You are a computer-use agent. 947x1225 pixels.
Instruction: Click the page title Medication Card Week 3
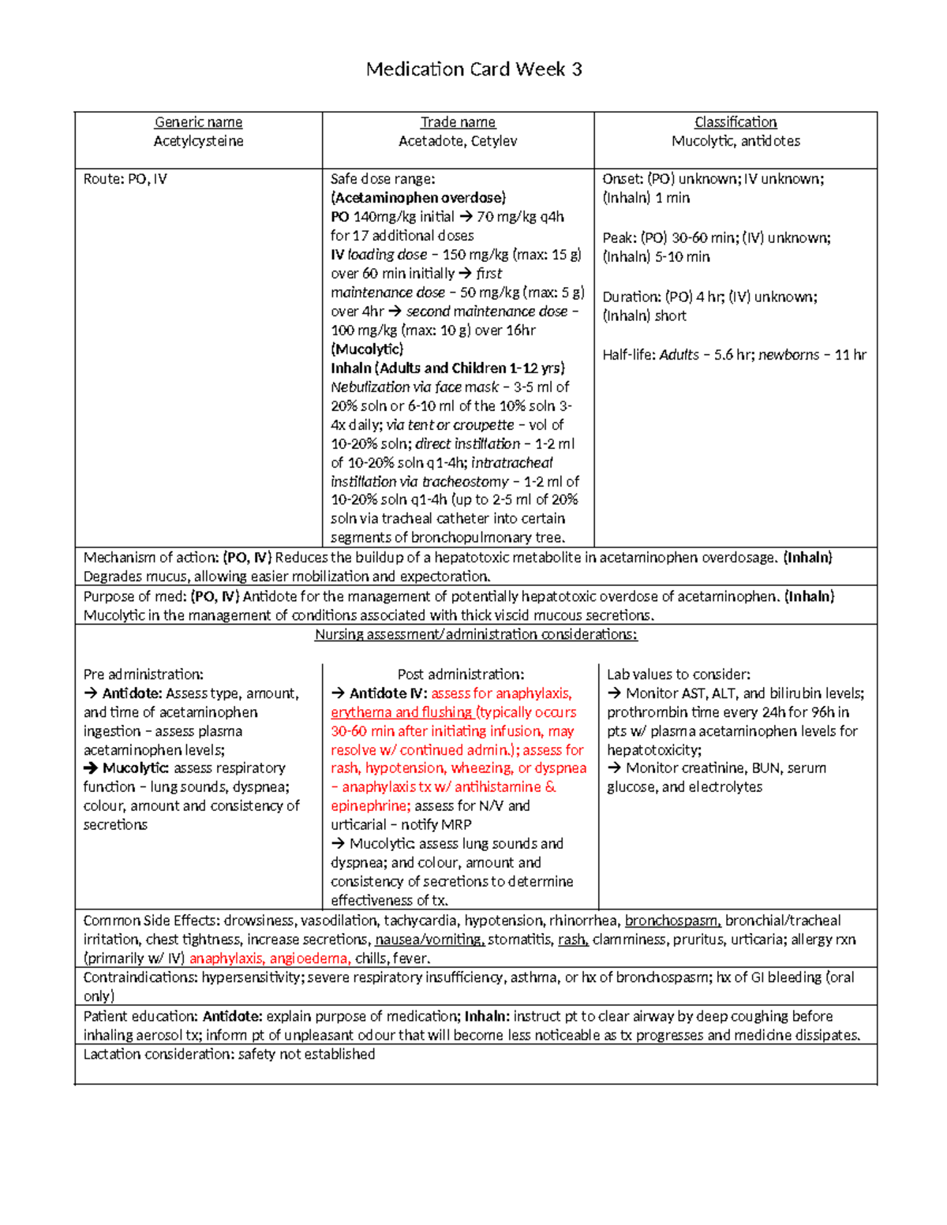tap(473, 69)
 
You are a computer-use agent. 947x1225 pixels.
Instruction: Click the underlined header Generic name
tap(198, 122)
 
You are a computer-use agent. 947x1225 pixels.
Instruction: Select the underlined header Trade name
tap(458, 122)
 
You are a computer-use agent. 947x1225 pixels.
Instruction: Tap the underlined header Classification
tap(736, 122)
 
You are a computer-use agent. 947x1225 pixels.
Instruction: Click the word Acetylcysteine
tap(198, 141)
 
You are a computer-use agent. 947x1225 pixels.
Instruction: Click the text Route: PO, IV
tap(125, 179)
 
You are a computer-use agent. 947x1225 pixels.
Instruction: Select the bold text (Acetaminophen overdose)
tap(418, 198)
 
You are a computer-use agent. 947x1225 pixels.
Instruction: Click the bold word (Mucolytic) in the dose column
tap(367, 349)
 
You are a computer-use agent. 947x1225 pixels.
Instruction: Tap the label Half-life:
tap(628, 355)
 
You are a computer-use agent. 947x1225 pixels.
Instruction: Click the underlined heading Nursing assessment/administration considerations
tap(476, 635)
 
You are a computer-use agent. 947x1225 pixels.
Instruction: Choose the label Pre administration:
tap(143, 674)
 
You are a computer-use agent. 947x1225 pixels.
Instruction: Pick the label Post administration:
tap(461, 674)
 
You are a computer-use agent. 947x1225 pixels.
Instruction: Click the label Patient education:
tap(140, 1016)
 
